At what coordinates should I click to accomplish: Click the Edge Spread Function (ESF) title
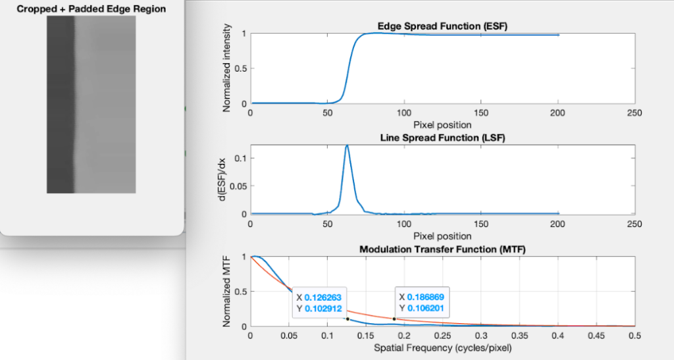pyautogui.click(x=442, y=26)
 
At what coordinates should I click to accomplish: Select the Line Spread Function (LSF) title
pyautogui.click(x=442, y=138)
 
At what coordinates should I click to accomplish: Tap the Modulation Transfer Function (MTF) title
pyautogui.click(x=442, y=249)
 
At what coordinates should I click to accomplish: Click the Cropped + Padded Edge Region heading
pyautogui.click(x=91, y=9)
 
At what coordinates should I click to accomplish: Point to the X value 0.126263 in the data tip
pyautogui.click(x=323, y=297)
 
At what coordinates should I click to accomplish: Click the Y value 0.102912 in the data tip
pyautogui.click(x=323, y=309)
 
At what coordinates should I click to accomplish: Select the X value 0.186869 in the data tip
pyautogui.click(x=426, y=297)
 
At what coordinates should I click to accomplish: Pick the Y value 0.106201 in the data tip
pyautogui.click(x=426, y=309)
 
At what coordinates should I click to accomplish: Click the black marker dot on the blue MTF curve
pyautogui.click(x=348, y=319)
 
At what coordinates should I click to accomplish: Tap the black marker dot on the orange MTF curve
pyautogui.click(x=394, y=319)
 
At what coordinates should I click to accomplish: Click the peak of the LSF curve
pyautogui.click(x=347, y=145)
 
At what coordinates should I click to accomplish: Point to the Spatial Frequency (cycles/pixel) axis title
pyautogui.click(x=443, y=348)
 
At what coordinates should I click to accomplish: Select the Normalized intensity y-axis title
pyautogui.click(x=226, y=68)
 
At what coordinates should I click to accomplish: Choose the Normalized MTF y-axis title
pyautogui.click(x=226, y=291)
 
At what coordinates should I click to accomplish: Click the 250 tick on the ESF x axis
pyautogui.click(x=635, y=113)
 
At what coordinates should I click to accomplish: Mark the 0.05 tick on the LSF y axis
pyautogui.click(x=238, y=186)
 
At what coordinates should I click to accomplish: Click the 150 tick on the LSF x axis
pyautogui.click(x=481, y=224)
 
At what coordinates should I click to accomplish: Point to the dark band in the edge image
pyautogui.click(x=61, y=105)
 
